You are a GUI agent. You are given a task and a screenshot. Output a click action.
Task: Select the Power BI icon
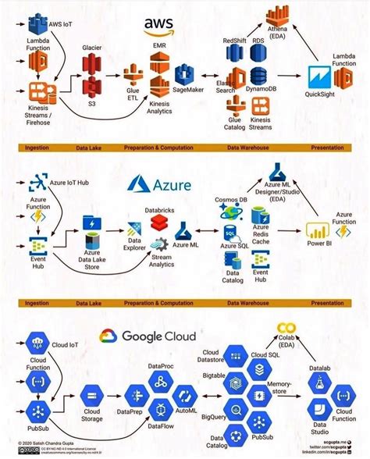pyautogui.click(x=317, y=232)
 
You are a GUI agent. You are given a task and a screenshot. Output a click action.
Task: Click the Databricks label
pyautogui.click(x=161, y=210)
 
